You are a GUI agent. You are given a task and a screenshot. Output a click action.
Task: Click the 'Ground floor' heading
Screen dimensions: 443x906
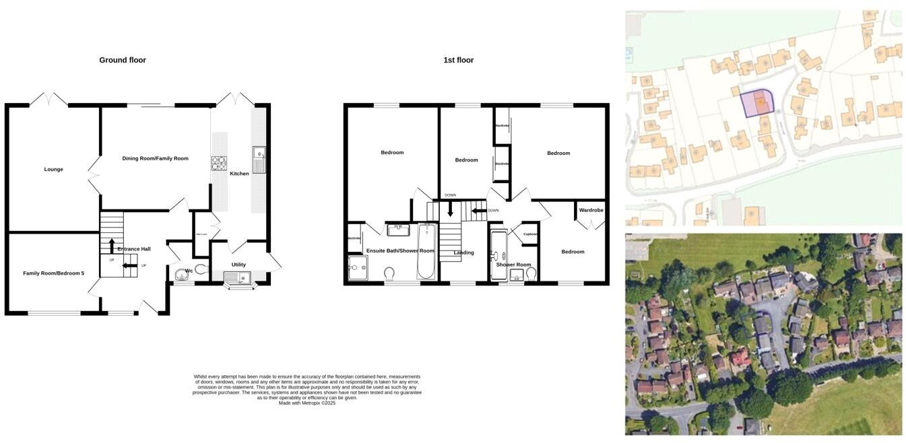click(123, 60)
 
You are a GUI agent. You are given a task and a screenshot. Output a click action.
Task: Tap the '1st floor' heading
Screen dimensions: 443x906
click(458, 60)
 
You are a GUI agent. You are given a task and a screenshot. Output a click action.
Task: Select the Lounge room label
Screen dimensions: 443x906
click(54, 169)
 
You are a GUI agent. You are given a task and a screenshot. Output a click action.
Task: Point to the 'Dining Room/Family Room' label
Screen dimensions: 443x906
click(155, 158)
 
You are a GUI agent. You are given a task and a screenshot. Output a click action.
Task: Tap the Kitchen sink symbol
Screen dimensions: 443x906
click(259, 159)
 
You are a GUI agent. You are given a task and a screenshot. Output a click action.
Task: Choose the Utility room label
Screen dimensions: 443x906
click(238, 265)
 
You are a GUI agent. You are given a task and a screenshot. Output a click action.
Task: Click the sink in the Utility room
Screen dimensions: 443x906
click(237, 277)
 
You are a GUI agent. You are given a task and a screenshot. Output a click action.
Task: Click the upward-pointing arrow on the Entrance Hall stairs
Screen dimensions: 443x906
click(112, 246)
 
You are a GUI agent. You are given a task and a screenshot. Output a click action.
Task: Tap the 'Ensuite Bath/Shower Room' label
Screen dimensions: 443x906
click(400, 250)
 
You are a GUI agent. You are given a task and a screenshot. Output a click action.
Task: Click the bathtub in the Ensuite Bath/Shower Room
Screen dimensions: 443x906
click(426, 252)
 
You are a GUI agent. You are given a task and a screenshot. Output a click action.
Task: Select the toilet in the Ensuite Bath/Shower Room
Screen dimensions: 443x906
click(389, 273)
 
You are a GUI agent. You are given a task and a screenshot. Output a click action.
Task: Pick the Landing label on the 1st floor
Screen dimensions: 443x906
click(463, 252)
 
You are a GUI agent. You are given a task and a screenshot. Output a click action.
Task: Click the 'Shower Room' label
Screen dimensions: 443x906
click(513, 265)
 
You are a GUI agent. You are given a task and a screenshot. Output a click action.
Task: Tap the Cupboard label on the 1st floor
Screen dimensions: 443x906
click(530, 234)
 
